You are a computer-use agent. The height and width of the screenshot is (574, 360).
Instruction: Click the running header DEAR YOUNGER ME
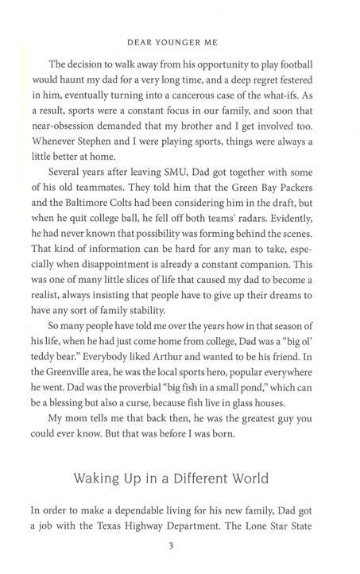click(180, 45)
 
